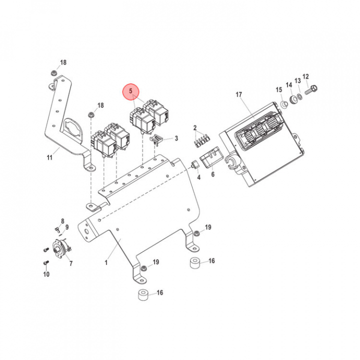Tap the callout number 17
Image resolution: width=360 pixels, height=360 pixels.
click(238, 94)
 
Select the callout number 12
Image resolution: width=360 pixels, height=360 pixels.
click(306, 77)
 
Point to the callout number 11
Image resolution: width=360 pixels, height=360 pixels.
click(49, 158)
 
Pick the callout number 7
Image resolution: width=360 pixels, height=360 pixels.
click(70, 263)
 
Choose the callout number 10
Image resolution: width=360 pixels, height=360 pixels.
click(46, 274)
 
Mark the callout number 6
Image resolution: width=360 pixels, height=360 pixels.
click(212, 174)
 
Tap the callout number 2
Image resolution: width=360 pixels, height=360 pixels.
click(195, 128)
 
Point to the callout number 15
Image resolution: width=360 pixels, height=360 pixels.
click(279, 89)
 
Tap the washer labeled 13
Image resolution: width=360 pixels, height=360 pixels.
click(298, 96)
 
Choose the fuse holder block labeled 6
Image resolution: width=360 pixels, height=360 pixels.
click(208, 159)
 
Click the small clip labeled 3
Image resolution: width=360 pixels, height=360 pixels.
click(158, 139)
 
